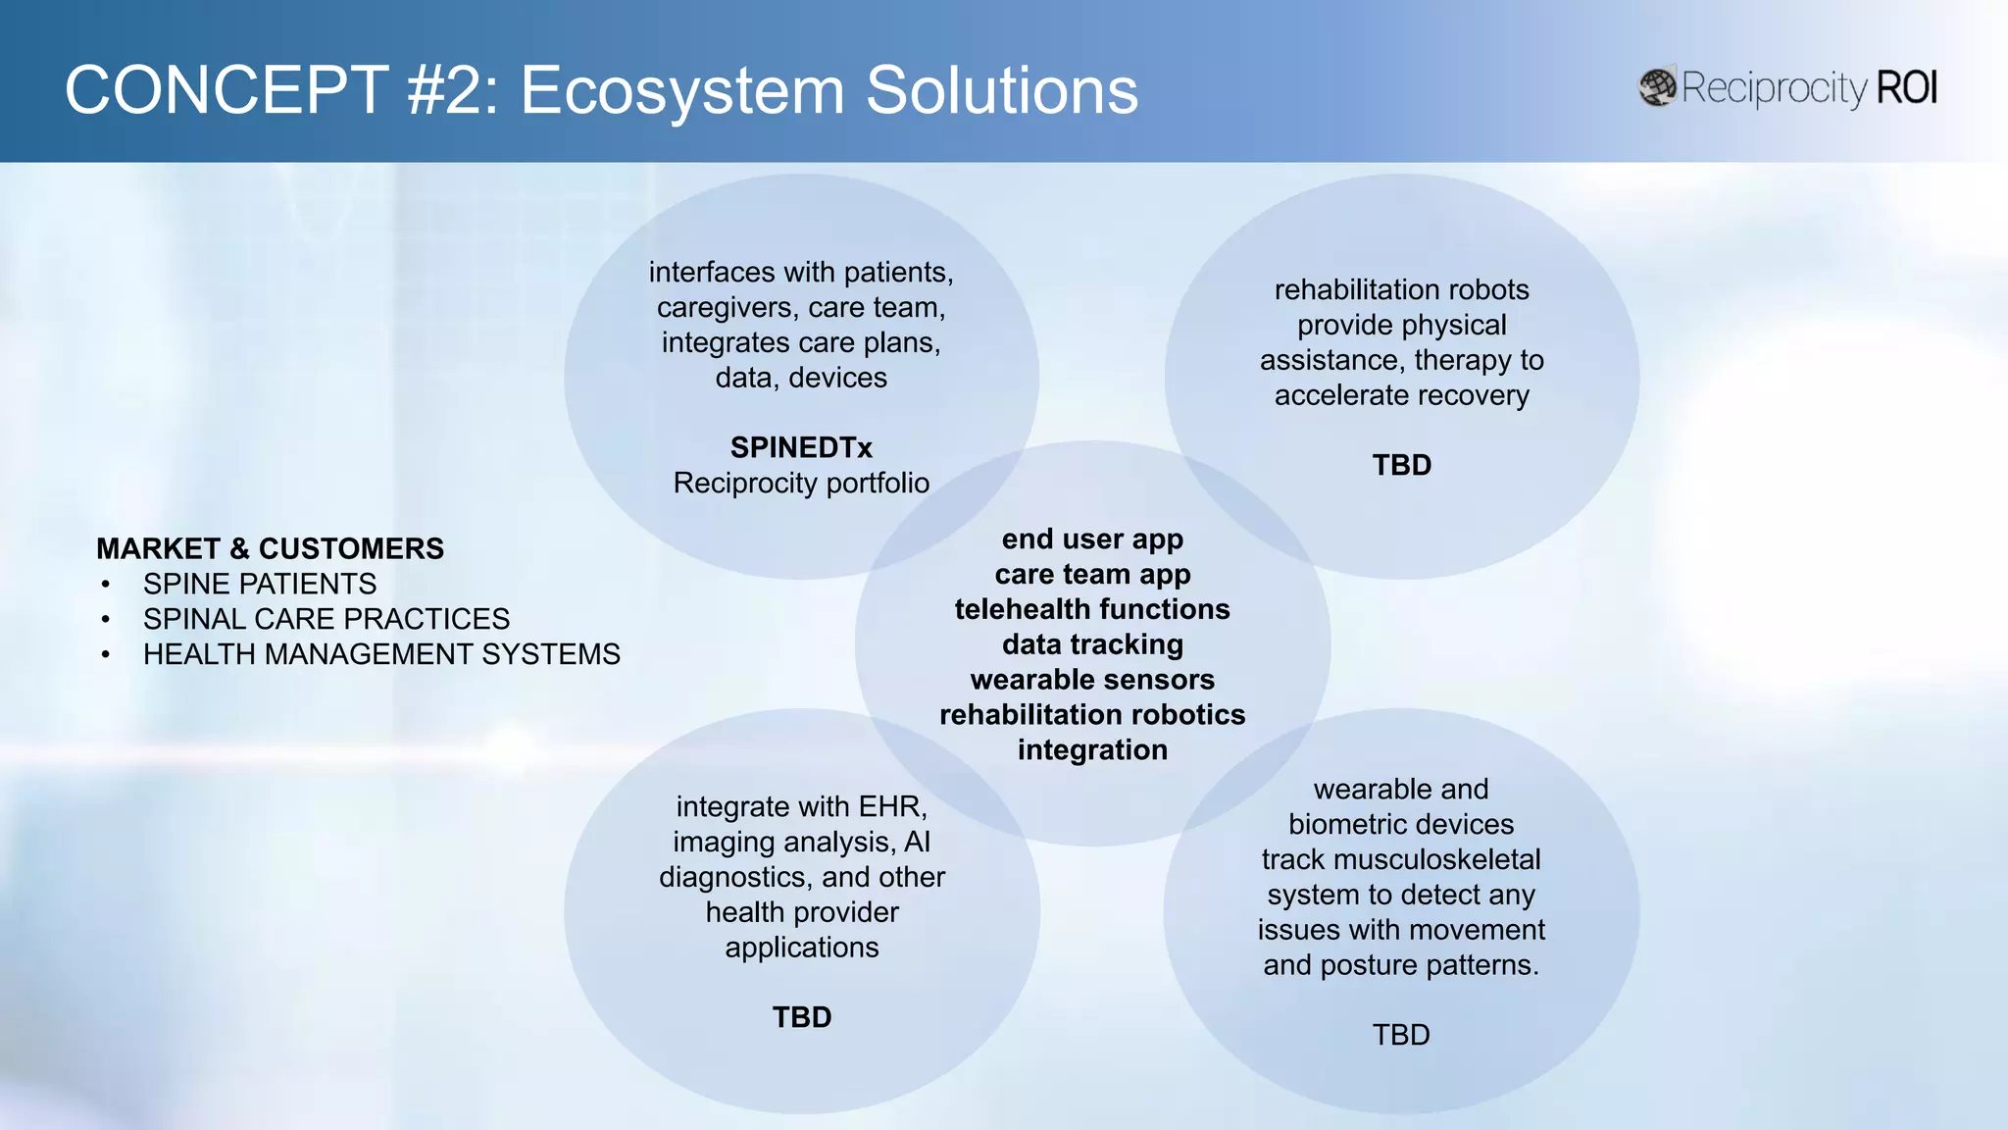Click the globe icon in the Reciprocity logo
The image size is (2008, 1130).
click(x=1658, y=87)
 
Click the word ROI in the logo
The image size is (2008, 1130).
click(x=1906, y=88)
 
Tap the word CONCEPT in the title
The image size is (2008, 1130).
click(x=226, y=90)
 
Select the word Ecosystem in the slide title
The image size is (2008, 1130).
click(x=681, y=90)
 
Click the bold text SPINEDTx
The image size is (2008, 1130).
click(x=801, y=447)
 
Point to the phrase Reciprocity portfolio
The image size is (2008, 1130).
click(x=801, y=483)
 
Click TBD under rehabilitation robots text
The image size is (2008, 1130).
click(x=1401, y=465)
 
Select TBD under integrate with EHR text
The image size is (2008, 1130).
click(x=801, y=1017)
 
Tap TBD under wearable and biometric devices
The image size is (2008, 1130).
click(x=1400, y=1035)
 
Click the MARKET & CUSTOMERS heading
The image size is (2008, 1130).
click(x=270, y=548)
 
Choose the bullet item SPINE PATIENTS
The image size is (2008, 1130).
click(x=259, y=584)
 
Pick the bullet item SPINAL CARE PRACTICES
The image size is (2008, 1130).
click(x=326, y=619)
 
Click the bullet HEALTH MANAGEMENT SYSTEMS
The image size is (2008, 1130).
click(x=381, y=654)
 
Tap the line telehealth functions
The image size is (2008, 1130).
click(x=1092, y=609)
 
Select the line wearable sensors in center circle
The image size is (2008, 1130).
click(x=1092, y=680)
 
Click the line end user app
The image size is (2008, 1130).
click(x=1092, y=539)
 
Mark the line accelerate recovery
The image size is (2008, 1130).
click(x=1401, y=395)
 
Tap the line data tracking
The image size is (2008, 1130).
click(x=1092, y=644)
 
